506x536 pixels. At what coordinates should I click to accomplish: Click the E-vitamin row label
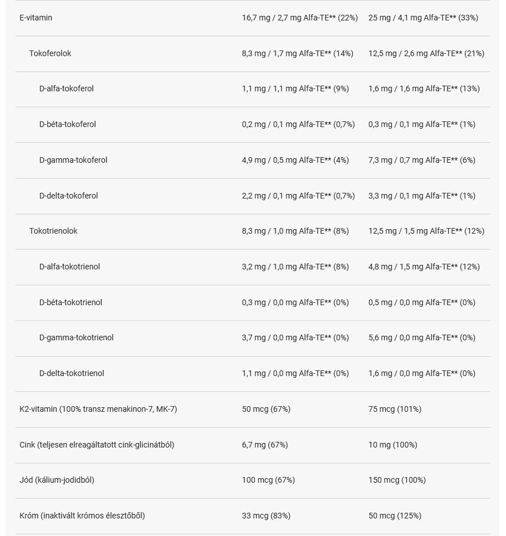coord(36,18)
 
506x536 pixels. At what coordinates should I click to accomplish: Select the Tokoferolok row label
coord(50,53)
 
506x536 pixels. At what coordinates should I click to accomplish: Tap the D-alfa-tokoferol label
coord(66,88)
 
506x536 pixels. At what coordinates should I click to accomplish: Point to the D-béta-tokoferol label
coord(68,124)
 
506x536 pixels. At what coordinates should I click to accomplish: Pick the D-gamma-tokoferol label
coord(73,160)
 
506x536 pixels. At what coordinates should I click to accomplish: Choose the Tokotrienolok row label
coord(53,231)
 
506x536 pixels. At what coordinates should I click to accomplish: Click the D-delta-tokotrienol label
coord(71,373)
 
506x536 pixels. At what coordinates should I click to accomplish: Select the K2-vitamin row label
coord(98,409)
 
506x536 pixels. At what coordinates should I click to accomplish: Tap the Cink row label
coord(97,445)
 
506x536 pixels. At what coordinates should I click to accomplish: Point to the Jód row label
coord(57,480)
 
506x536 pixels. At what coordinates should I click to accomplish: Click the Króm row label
coord(82,516)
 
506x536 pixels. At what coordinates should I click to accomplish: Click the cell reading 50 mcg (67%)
coord(266,409)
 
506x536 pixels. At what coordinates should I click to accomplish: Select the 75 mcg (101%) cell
coord(395,409)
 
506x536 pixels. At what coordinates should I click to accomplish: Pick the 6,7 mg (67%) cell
coord(265,445)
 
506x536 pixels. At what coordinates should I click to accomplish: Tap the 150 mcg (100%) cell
coord(397,480)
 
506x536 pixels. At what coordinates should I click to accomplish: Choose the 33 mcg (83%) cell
coord(266,516)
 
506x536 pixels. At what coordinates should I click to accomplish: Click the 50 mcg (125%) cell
coord(395,516)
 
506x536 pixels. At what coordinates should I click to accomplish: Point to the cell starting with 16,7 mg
coord(300,18)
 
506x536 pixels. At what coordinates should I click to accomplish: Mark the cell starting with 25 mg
coord(423,18)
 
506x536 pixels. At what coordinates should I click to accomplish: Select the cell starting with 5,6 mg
coord(422,337)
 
